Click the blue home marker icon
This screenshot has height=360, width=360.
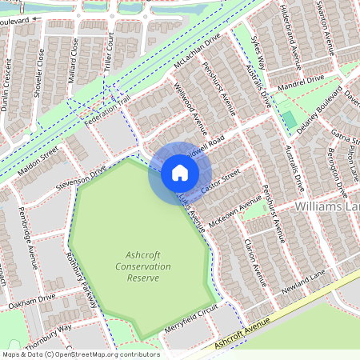(x=179, y=173)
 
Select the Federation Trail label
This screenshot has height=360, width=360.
(x=106, y=109)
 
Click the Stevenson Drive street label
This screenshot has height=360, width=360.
(x=81, y=178)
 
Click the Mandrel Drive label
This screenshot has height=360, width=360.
(x=301, y=82)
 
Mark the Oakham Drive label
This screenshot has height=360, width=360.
(x=32, y=301)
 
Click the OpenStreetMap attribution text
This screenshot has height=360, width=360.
(x=80, y=354)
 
